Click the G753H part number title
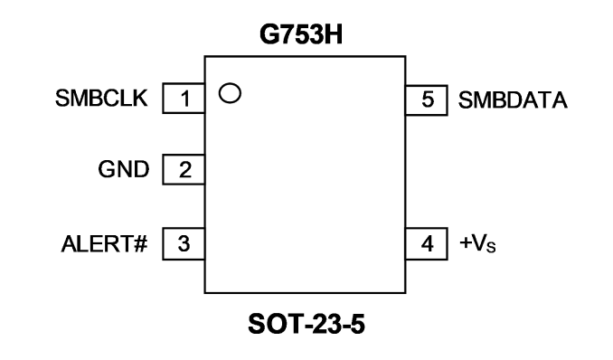(301, 34)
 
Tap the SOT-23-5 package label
(306, 324)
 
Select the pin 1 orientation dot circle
(230, 93)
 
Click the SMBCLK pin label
(101, 98)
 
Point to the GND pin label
(124, 169)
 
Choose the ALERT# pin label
(104, 244)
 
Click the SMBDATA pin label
(513, 100)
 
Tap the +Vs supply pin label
(477, 243)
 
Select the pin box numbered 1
(184, 99)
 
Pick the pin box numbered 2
(184, 169)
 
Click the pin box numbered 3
(184, 244)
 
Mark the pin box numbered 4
(427, 244)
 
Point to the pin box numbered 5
(427, 100)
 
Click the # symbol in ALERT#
(140, 244)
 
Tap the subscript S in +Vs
(491, 248)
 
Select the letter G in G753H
(269, 34)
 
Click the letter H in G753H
(334, 34)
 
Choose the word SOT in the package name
(275, 324)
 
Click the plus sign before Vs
(466, 242)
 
